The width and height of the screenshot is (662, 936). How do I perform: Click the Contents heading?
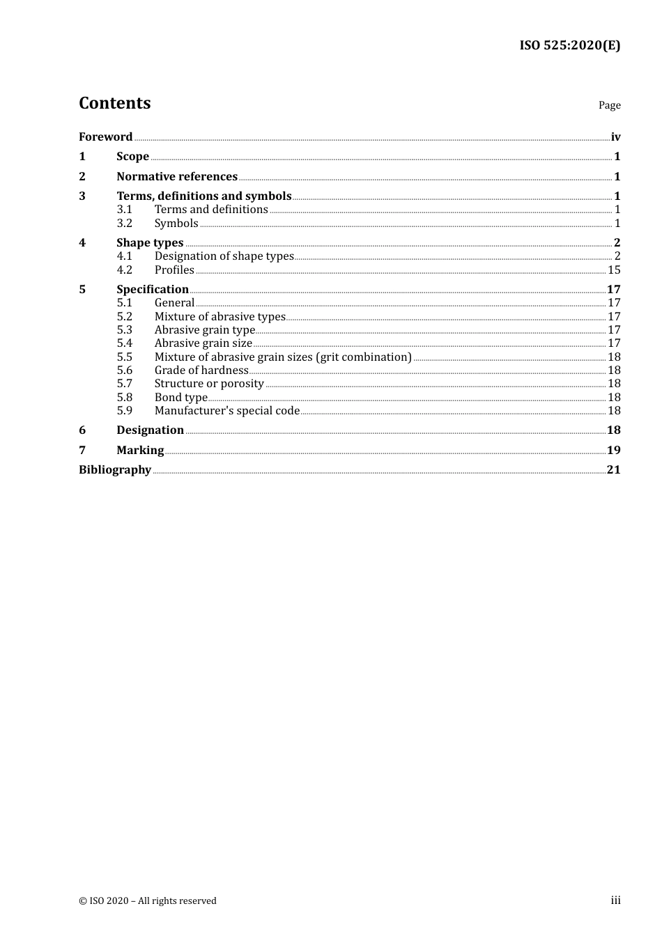tap(114, 103)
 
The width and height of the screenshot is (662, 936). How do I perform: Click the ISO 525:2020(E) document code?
tap(569, 45)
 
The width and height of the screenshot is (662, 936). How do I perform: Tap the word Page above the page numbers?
tap(609, 105)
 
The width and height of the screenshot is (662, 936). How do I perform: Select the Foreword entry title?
tap(105, 137)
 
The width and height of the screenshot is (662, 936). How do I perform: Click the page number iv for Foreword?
tap(615, 137)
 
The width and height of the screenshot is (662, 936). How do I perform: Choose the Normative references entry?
tap(177, 177)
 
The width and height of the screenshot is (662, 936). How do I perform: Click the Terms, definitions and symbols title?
tap(203, 196)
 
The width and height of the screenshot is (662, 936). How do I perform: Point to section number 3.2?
tap(124, 224)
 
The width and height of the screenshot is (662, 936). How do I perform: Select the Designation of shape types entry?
tap(224, 256)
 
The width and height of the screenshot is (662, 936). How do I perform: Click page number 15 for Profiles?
tap(614, 270)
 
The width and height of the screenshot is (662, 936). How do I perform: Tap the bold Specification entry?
tap(153, 290)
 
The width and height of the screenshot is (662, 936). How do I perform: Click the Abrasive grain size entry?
tap(203, 343)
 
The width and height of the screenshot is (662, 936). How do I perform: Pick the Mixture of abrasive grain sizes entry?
tap(283, 357)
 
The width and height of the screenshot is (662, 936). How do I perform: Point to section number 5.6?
tap(124, 370)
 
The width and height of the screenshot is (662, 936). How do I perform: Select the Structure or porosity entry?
tap(209, 384)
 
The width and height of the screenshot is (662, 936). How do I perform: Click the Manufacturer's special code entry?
tap(226, 411)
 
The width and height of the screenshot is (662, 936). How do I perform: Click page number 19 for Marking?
tap(613, 451)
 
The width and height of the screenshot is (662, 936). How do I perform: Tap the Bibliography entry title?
tap(115, 470)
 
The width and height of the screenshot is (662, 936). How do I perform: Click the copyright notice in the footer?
tap(148, 901)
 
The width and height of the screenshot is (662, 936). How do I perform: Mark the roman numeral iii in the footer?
tap(615, 900)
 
